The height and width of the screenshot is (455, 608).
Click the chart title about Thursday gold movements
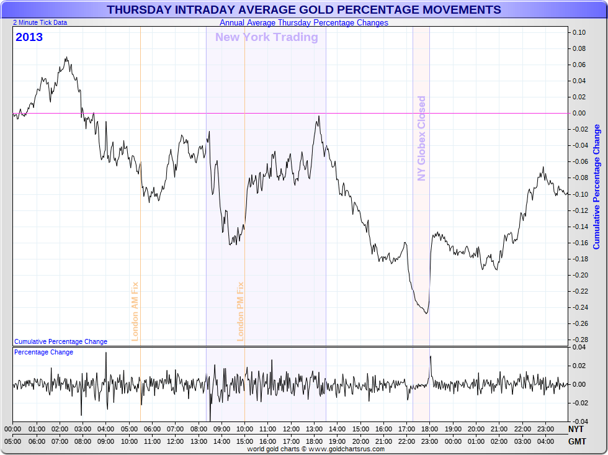(x=304, y=10)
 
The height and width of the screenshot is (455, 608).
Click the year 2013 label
(x=29, y=37)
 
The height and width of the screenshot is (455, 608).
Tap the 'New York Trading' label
(x=266, y=37)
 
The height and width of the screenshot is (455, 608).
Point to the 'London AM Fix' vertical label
(x=135, y=311)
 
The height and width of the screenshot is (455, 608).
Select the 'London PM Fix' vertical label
(x=241, y=311)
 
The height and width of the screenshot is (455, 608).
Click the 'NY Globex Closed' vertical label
(x=422, y=138)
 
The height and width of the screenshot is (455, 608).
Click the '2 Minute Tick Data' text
(x=40, y=22)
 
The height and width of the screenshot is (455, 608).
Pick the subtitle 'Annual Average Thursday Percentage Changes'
(x=304, y=23)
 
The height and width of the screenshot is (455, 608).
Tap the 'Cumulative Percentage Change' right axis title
(x=597, y=186)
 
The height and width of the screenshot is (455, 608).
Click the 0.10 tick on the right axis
(x=579, y=32)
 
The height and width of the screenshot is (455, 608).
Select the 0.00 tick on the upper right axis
(x=579, y=113)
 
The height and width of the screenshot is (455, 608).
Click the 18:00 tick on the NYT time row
(x=429, y=429)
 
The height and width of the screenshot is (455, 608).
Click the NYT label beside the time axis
(x=576, y=429)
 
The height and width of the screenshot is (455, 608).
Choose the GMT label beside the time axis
(x=576, y=441)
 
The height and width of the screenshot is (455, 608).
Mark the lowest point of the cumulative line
(x=426, y=313)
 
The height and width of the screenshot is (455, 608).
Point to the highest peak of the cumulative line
(x=66, y=58)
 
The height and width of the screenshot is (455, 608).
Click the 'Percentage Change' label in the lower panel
(x=43, y=352)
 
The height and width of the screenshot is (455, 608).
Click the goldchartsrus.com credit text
(x=316, y=449)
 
